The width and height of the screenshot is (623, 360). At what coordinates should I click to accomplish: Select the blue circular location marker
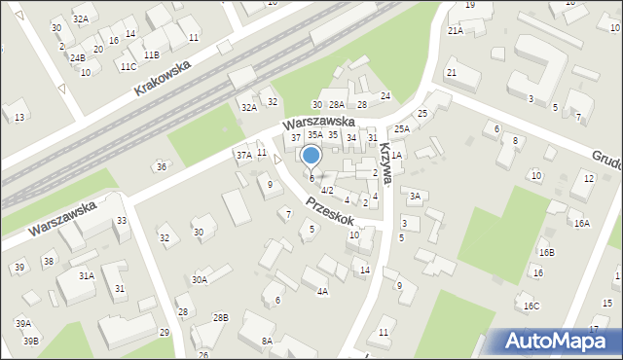tap(311, 156)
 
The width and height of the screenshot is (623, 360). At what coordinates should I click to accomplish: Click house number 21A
tap(456, 31)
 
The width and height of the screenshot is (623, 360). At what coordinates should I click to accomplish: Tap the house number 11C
tap(128, 66)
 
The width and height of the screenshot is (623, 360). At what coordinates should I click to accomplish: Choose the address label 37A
tap(243, 155)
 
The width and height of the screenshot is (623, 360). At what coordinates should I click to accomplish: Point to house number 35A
tap(315, 135)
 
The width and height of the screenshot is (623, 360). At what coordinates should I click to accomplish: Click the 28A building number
tap(337, 104)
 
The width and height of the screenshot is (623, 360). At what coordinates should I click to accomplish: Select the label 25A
tap(401, 129)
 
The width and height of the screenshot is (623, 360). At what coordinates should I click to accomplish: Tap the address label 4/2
tap(327, 190)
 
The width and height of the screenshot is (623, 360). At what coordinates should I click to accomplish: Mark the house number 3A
tap(415, 197)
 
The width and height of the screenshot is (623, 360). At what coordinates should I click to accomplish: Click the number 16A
tap(581, 223)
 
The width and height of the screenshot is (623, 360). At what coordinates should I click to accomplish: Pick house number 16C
tap(531, 306)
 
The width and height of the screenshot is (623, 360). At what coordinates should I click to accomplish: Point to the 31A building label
tap(87, 275)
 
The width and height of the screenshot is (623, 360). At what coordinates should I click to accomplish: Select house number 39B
tap(31, 341)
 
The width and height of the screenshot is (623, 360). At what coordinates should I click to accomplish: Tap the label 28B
tap(221, 317)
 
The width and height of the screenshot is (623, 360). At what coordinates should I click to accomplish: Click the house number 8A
tap(267, 341)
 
